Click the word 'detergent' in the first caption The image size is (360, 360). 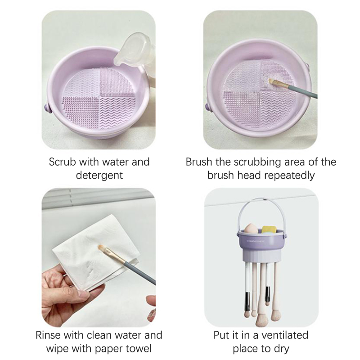pos(99,175)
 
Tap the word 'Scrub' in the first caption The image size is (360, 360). pos(62,162)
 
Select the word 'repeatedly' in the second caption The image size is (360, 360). pos(288,175)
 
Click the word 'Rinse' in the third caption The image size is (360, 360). pos(48,335)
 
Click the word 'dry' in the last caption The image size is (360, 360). pos(282,349)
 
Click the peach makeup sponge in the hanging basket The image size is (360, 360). pos(252,229)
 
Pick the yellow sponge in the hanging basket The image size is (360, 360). pos(269,229)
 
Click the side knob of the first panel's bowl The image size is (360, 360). pos(47,108)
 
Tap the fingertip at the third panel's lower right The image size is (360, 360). pos(151,300)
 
